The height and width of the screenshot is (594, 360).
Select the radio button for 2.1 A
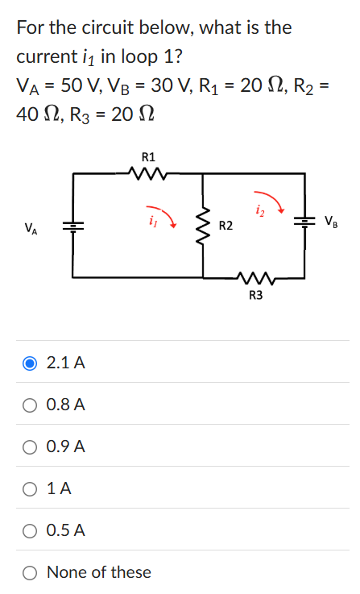pyautogui.click(x=29, y=363)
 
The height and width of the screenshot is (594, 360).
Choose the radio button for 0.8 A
pyautogui.click(x=29, y=405)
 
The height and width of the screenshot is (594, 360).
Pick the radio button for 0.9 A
pyautogui.click(x=29, y=447)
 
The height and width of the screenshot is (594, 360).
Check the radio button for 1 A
pyautogui.click(x=29, y=488)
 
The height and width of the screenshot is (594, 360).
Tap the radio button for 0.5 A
pyautogui.click(x=29, y=530)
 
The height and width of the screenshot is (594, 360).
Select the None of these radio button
pyautogui.click(x=29, y=572)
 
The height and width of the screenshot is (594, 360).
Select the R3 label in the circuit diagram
pyautogui.click(x=255, y=295)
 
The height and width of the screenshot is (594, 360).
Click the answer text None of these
pyautogui.click(x=99, y=572)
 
